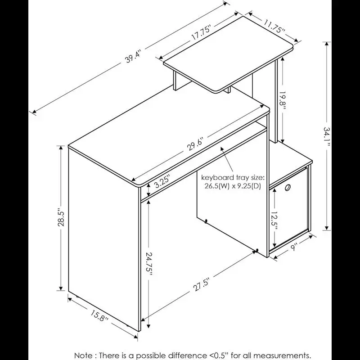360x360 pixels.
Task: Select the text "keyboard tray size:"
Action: point(233,177)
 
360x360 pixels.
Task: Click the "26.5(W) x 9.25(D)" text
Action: point(234,186)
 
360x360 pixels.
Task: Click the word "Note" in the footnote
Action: point(84,355)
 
